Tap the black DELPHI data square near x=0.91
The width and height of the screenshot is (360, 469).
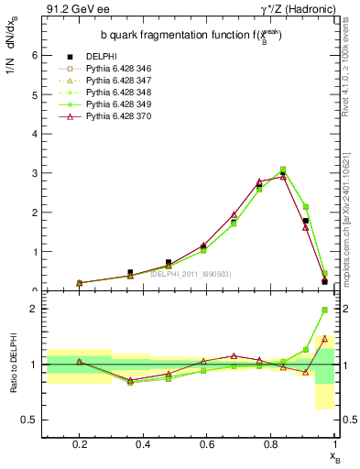[306, 221]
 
